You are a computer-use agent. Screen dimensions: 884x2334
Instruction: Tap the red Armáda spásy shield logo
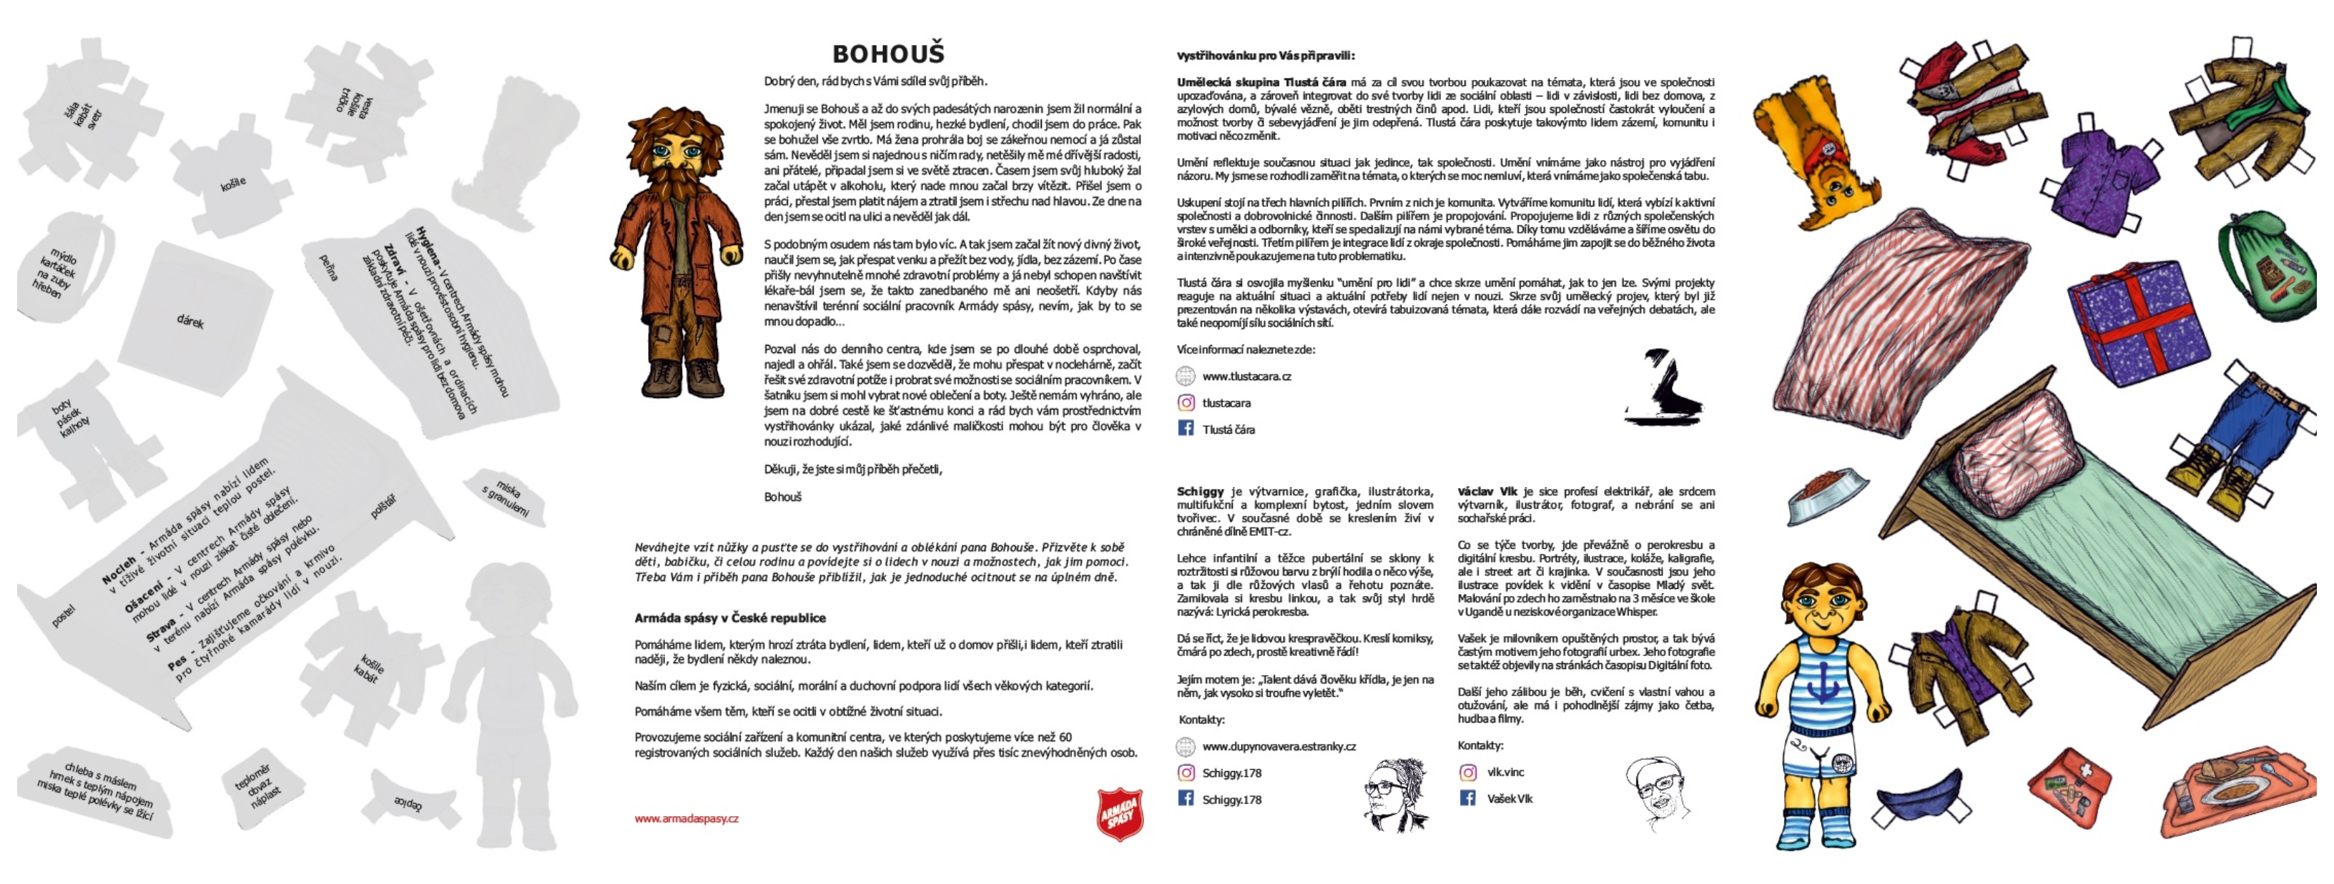click(1120, 813)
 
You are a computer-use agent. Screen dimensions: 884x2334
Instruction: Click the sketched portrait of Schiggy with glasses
click(1394, 793)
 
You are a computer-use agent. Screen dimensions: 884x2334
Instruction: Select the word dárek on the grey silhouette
click(189, 321)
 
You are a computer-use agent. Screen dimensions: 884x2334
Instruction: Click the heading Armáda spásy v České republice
click(729, 617)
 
